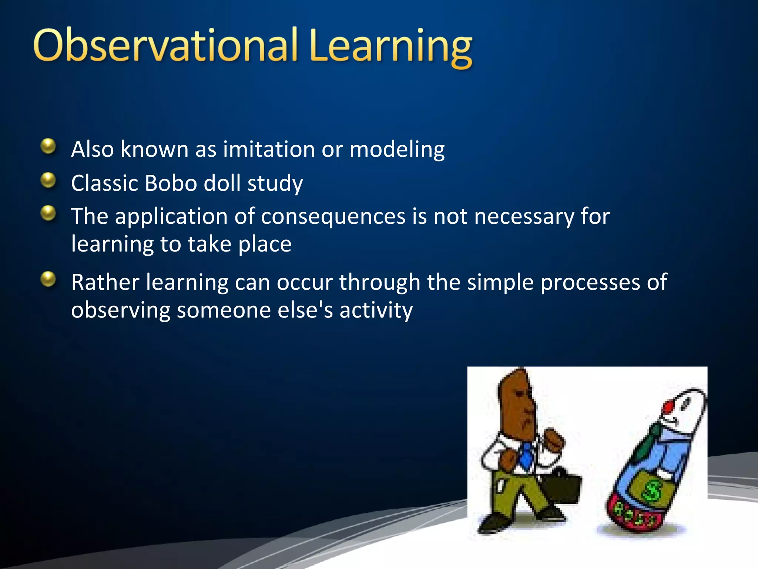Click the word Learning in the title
(x=390, y=47)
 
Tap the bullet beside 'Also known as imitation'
(x=48, y=146)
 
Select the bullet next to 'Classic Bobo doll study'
(x=48, y=180)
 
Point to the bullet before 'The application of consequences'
(x=48, y=213)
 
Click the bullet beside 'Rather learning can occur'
(x=48, y=279)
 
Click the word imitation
(x=269, y=149)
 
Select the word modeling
(x=397, y=150)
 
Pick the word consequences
(x=333, y=216)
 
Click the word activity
(x=376, y=310)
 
